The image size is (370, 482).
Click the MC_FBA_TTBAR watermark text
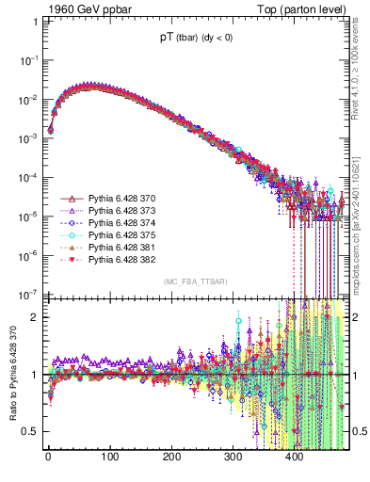195,282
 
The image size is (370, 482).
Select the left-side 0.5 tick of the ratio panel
29,431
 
